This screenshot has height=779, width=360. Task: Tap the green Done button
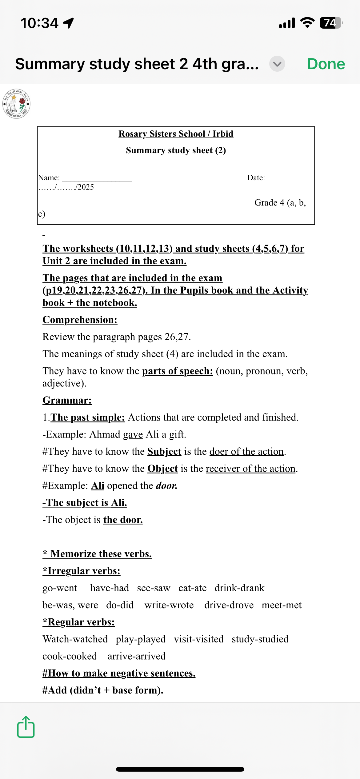(326, 64)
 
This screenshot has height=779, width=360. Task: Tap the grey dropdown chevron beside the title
(277, 64)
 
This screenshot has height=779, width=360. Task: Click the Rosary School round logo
(16, 103)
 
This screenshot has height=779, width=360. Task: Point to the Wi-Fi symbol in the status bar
(307, 23)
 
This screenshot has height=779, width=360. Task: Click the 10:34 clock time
(39, 23)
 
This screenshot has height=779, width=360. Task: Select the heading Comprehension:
(80, 320)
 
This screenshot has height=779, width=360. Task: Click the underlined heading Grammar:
(67, 400)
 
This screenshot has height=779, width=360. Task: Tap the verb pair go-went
(60, 588)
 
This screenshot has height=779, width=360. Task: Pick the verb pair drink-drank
(239, 588)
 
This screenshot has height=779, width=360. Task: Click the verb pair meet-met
(282, 605)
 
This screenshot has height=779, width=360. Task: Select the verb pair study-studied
(260, 639)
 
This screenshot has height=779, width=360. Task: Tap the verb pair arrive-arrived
(137, 656)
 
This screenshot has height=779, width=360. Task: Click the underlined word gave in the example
(133, 434)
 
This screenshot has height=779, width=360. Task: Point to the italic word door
(166, 485)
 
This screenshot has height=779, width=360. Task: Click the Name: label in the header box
(49, 178)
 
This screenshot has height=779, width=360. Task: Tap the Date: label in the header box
(256, 178)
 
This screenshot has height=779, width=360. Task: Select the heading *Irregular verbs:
(82, 571)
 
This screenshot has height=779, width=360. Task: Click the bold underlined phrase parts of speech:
(177, 371)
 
